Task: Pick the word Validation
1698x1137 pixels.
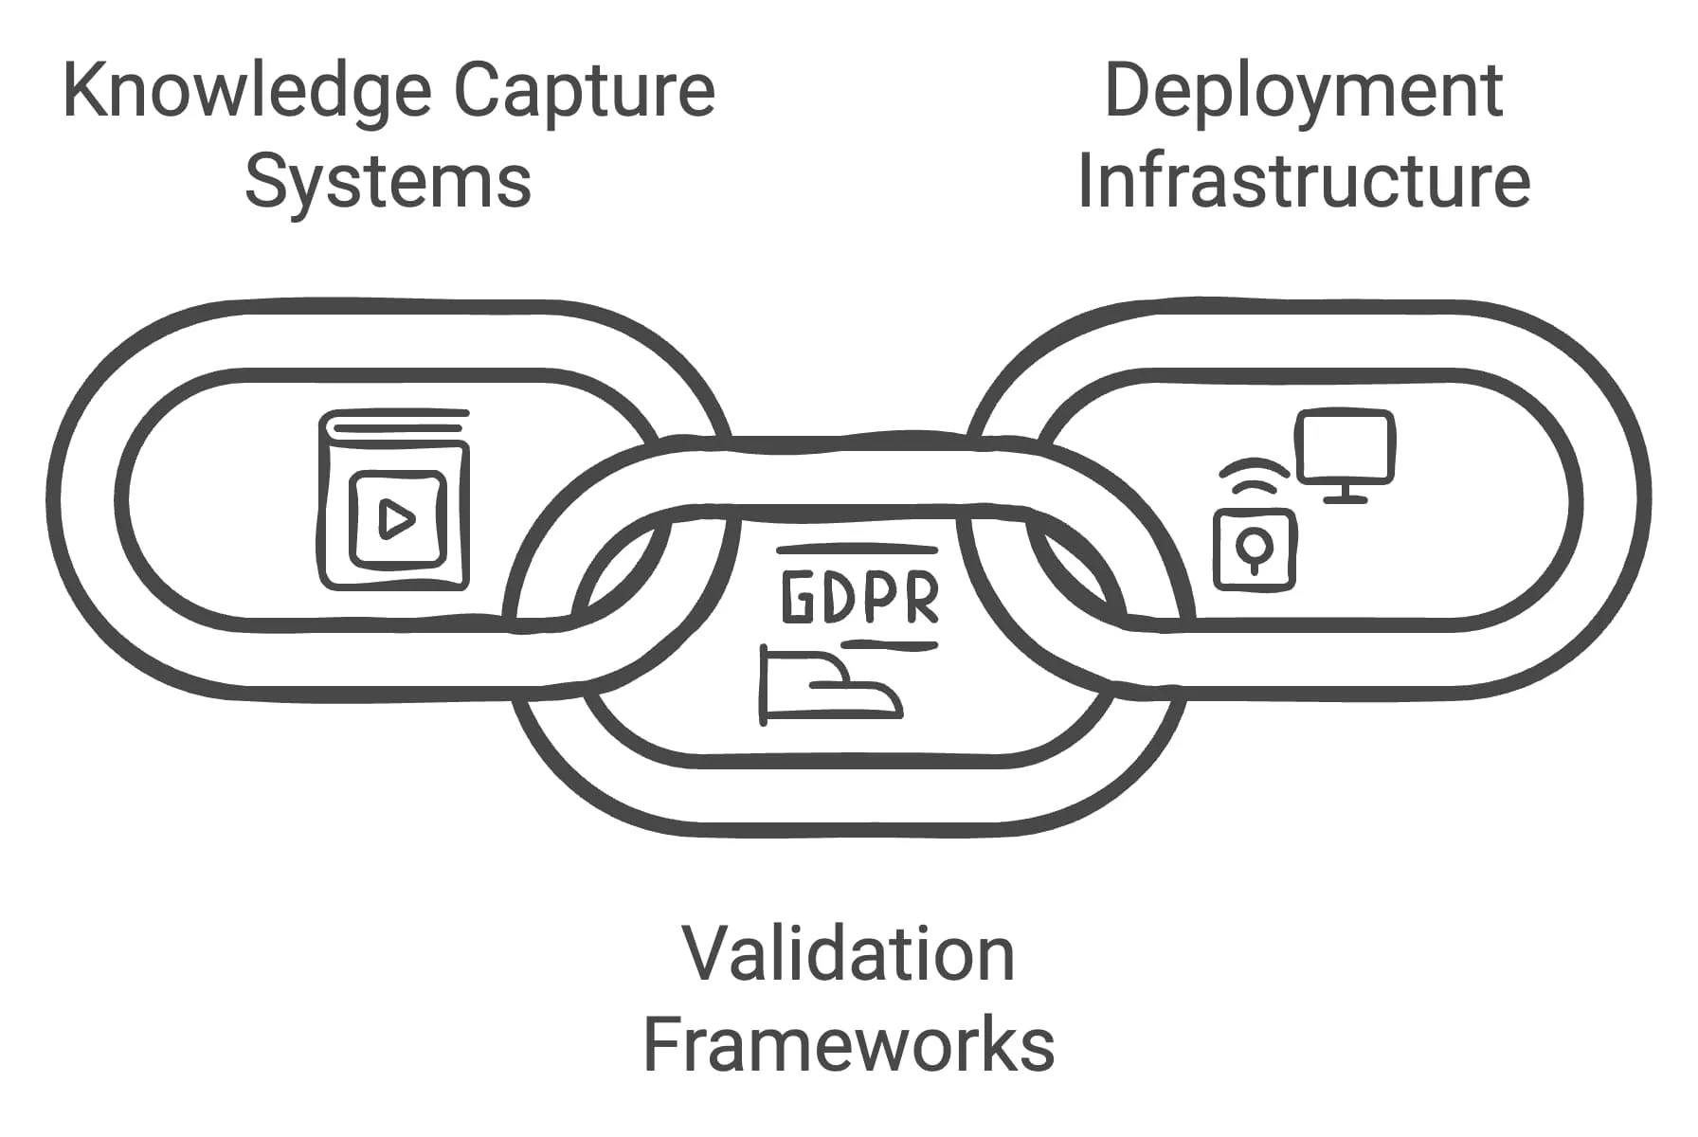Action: pos(848,954)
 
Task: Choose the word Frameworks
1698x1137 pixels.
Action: pos(848,1043)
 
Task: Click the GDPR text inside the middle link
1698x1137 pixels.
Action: pos(860,597)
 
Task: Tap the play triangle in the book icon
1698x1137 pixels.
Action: pos(396,519)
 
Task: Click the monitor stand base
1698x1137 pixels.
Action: pos(1345,498)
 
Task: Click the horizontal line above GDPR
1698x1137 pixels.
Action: pos(857,550)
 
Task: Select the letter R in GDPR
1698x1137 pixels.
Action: pos(920,597)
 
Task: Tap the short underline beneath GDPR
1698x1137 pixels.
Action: pos(889,645)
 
